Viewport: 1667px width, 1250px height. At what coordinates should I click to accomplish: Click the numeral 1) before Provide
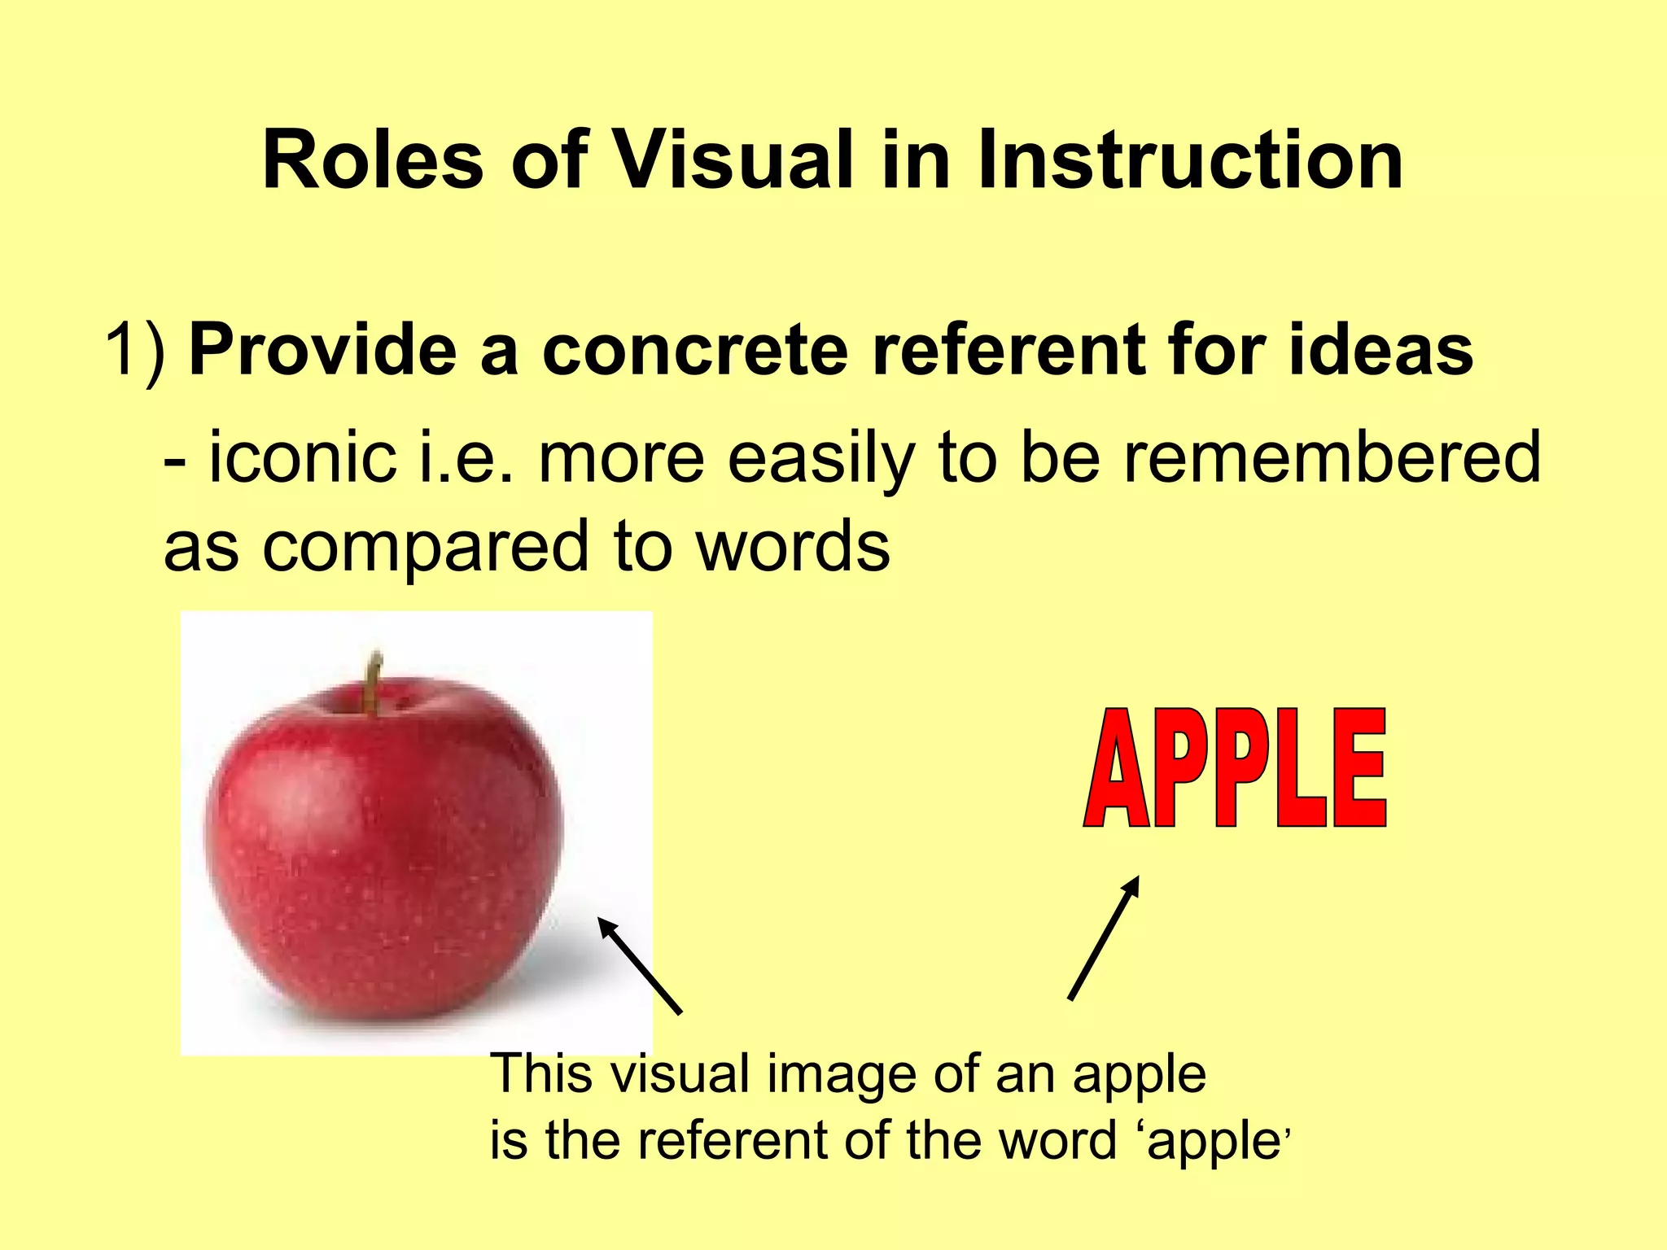pyautogui.click(x=135, y=350)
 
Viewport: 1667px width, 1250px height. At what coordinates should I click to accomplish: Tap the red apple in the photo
pyautogui.click(x=383, y=846)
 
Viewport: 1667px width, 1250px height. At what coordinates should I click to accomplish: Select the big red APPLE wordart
pyautogui.click(x=1234, y=768)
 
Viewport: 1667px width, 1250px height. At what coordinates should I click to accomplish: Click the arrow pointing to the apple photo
pyautogui.click(x=640, y=965)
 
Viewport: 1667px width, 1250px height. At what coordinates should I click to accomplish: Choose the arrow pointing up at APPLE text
pyautogui.click(x=1104, y=937)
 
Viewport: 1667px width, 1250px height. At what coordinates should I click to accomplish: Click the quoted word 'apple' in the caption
pyautogui.click(x=1213, y=1141)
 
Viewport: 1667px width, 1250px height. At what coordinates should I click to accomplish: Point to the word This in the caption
pyautogui.click(x=540, y=1074)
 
